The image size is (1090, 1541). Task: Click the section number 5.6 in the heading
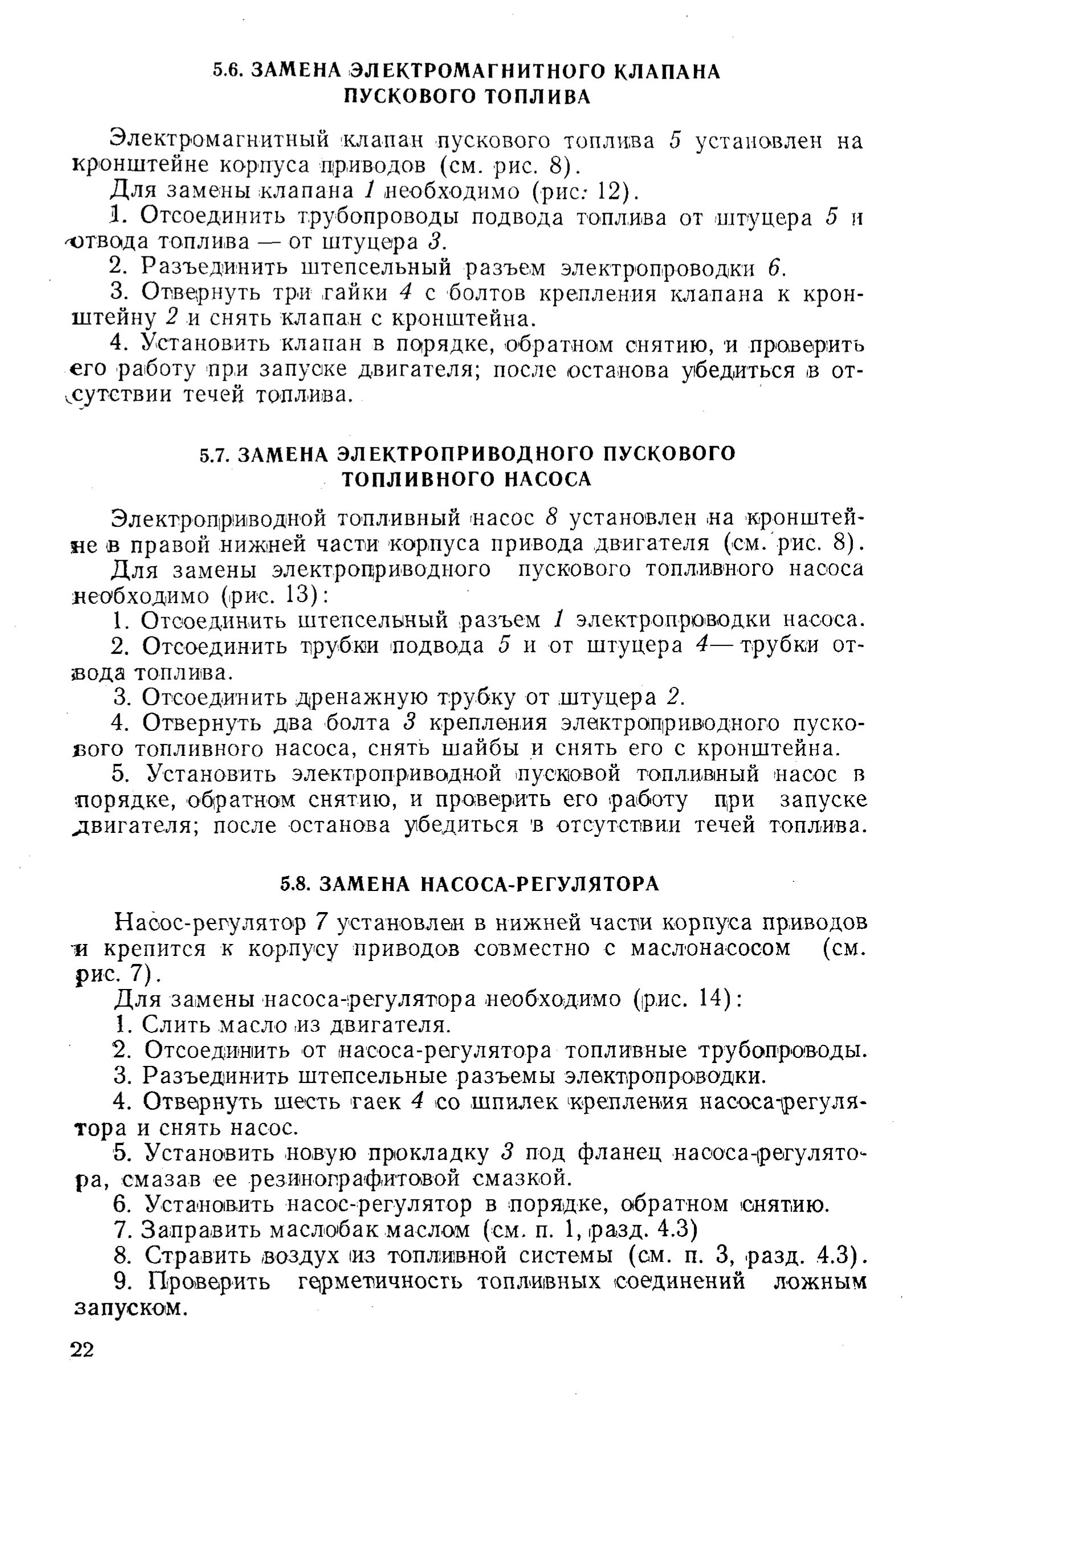(226, 72)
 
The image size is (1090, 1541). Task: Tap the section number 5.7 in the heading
(215, 455)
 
